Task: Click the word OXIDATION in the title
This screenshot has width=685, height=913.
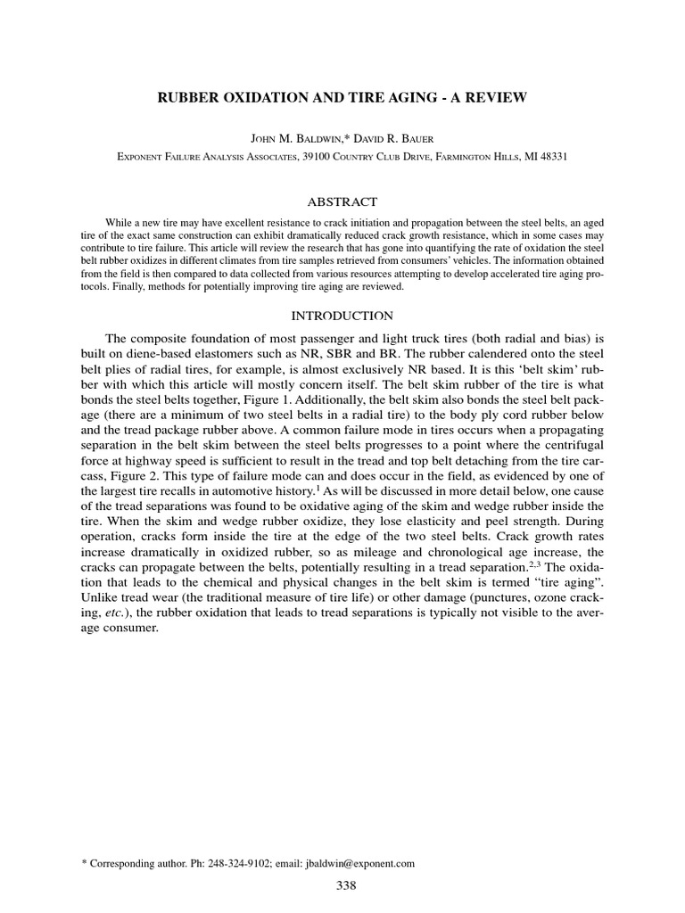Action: click(271, 95)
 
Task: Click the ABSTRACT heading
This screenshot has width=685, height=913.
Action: click(342, 202)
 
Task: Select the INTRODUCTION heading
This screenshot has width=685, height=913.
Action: click(342, 316)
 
